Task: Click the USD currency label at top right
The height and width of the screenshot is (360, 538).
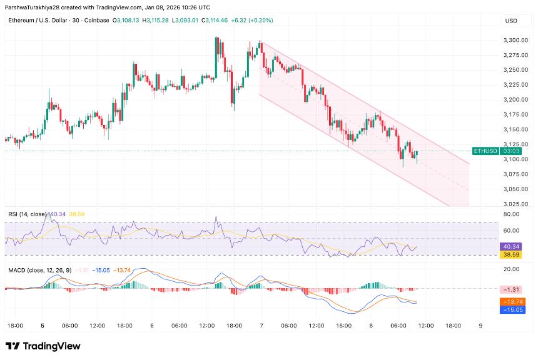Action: tap(510, 21)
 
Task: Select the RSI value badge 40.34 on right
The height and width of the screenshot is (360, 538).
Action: tap(511, 247)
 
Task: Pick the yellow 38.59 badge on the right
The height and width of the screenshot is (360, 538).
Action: tap(511, 256)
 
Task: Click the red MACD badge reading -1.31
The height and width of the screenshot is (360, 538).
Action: tap(511, 290)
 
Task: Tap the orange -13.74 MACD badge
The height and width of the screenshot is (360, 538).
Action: tap(511, 301)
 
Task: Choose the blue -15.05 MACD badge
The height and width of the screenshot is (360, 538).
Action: tap(511, 309)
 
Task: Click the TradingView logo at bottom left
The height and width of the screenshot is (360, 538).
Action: tap(43, 346)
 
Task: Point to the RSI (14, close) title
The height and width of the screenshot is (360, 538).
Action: tap(26, 214)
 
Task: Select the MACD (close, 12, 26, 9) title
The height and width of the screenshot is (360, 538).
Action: tap(38, 269)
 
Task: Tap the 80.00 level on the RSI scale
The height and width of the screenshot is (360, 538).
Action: tap(510, 214)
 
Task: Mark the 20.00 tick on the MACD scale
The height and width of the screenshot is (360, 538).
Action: tap(510, 269)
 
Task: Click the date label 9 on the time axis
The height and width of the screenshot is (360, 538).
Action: tap(480, 326)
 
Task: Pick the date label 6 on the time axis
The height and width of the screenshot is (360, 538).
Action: tap(152, 326)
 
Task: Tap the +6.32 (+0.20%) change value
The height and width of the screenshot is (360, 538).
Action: tap(252, 21)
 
